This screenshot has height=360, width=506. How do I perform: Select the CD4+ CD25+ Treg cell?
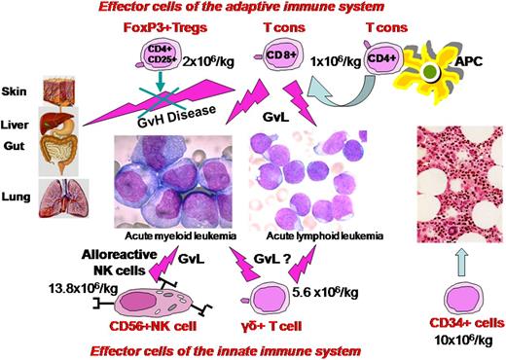pos(170,49)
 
